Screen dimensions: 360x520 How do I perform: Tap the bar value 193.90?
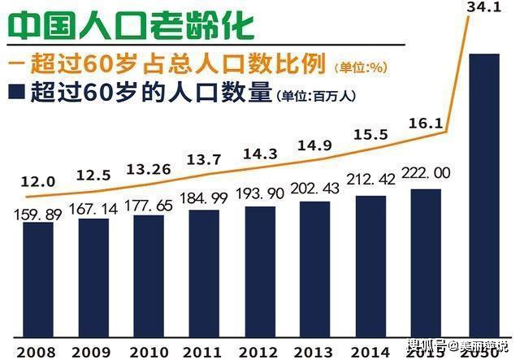259,195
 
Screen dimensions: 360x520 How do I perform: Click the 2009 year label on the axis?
90,352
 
